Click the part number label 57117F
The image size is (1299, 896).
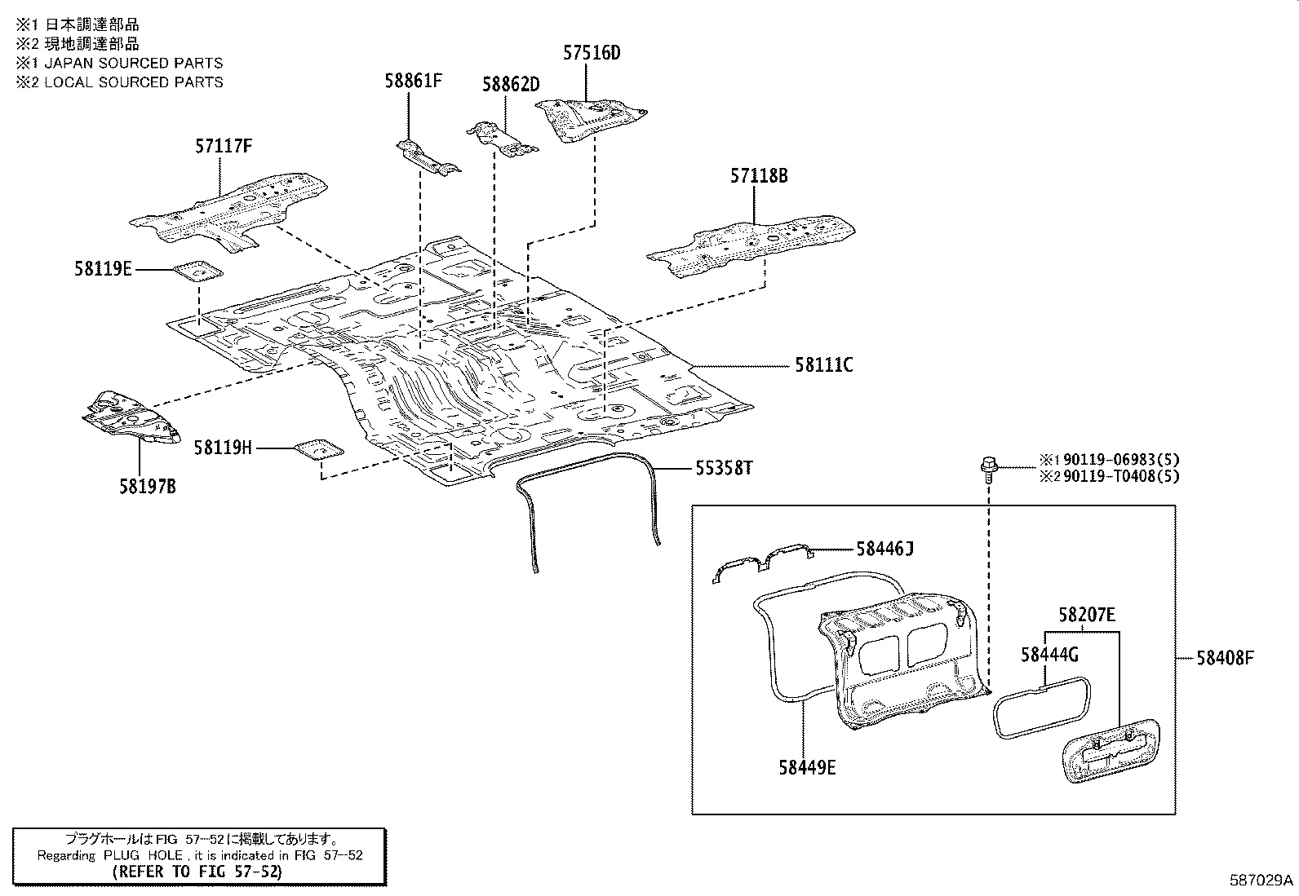point(223,147)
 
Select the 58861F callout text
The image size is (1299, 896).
point(414,80)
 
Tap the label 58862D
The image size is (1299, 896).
point(511,84)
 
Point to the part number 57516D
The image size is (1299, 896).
point(592,54)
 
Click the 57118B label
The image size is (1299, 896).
point(759,175)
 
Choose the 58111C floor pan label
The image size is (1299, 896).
point(823,365)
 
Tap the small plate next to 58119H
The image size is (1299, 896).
point(318,449)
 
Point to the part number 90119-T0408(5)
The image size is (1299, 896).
point(1120,477)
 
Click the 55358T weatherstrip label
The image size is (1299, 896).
point(724,468)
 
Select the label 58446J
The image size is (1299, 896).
point(884,549)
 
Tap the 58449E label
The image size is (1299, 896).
point(806,767)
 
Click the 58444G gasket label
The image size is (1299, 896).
point(1049,654)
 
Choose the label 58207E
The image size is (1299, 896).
point(1087,616)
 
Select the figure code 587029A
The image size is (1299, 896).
point(1261,880)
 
